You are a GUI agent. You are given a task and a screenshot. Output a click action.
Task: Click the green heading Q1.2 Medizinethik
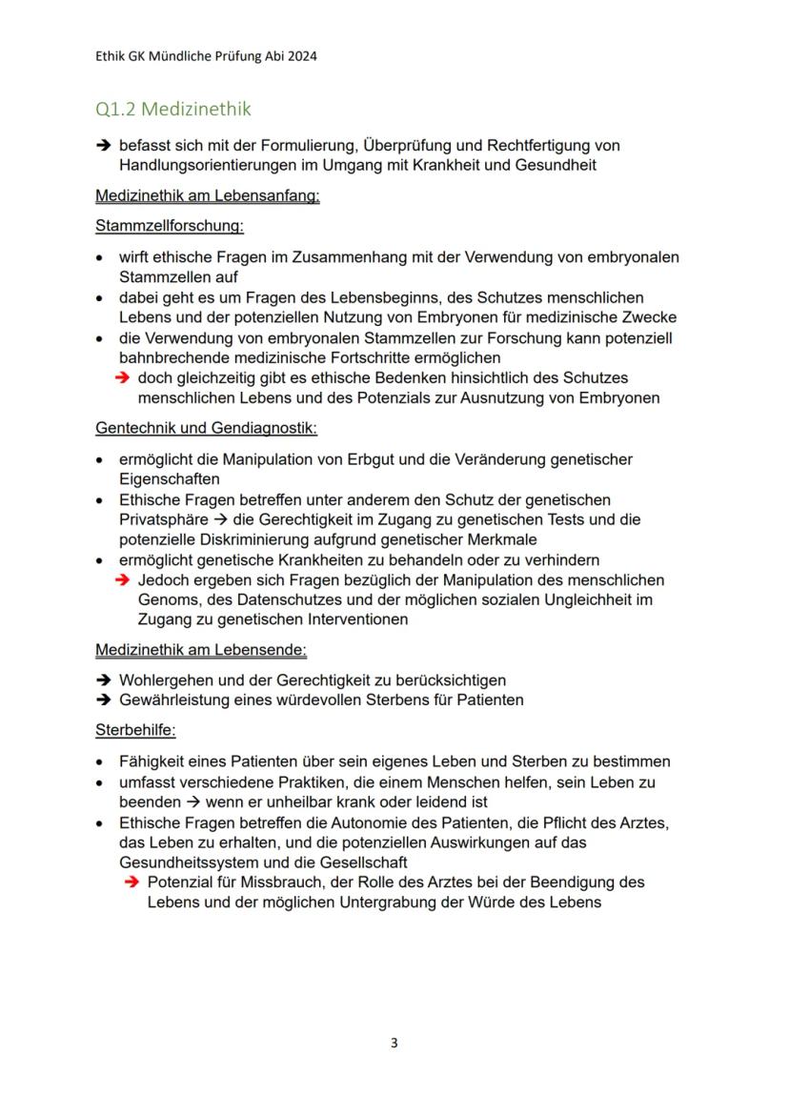tap(173, 110)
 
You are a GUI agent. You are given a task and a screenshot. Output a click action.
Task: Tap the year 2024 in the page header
tap(301, 56)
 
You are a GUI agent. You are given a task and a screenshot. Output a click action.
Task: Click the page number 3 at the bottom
tap(394, 1043)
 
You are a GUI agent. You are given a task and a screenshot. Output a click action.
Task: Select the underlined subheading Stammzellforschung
tap(170, 227)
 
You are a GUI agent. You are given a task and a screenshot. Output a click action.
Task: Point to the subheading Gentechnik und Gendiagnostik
tap(206, 429)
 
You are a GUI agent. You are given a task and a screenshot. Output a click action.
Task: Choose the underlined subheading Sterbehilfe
tap(136, 731)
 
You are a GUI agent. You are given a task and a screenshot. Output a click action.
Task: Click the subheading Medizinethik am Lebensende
tap(200, 650)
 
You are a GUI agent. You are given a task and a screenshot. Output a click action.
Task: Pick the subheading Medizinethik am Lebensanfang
tap(207, 197)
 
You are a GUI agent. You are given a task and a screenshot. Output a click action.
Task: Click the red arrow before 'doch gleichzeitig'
tap(122, 378)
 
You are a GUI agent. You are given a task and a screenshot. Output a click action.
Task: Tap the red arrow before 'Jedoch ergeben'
tap(122, 579)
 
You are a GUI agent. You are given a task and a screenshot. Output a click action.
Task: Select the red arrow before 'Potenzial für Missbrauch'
tap(131, 883)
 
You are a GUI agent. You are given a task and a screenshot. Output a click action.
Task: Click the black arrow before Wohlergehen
tap(103, 680)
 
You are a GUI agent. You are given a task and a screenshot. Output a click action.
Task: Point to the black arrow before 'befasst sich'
tap(103, 146)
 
